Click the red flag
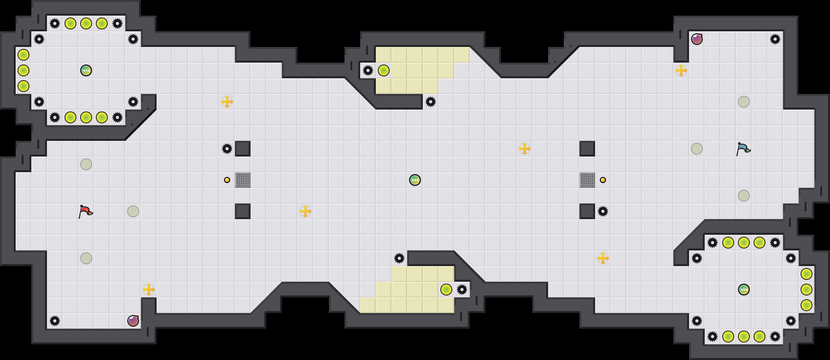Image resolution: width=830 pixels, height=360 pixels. pyautogui.click(x=85, y=212)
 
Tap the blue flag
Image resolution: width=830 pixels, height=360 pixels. pyautogui.click(x=743, y=149)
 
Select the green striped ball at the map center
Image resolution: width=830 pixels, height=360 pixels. pyautogui.click(x=415, y=180)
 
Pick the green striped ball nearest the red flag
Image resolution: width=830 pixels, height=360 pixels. pyautogui.click(x=86, y=70)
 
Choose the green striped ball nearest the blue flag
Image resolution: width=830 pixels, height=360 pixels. pyautogui.click(x=744, y=290)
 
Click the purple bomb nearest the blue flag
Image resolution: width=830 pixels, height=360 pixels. pyautogui.click(x=697, y=39)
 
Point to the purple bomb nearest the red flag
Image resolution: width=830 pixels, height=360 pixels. pyautogui.click(x=133, y=321)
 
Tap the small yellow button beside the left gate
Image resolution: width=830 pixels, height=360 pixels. pyautogui.click(x=227, y=180)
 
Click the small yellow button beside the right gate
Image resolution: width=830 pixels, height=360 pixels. pyautogui.click(x=603, y=180)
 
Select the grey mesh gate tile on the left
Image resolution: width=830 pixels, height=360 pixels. pyautogui.click(x=243, y=180)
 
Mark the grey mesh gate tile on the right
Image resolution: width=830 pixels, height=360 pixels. pyautogui.click(x=587, y=180)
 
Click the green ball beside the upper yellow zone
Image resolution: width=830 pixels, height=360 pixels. pyautogui.click(x=384, y=70)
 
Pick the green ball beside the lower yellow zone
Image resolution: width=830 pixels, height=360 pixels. pyautogui.click(x=446, y=290)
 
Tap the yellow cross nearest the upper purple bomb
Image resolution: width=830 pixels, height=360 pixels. pyautogui.click(x=681, y=70)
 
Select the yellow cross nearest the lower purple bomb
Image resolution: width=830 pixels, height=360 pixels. pyautogui.click(x=149, y=290)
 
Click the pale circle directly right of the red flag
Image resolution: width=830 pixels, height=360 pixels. pyautogui.click(x=133, y=211)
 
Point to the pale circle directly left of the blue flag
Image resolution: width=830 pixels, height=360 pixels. pyautogui.click(x=697, y=149)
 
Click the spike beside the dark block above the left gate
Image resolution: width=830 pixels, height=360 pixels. pyautogui.click(x=227, y=149)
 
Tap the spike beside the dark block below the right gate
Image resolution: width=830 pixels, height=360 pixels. pyautogui.click(x=603, y=211)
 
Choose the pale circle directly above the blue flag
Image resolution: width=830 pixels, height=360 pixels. pyautogui.click(x=744, y=102)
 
